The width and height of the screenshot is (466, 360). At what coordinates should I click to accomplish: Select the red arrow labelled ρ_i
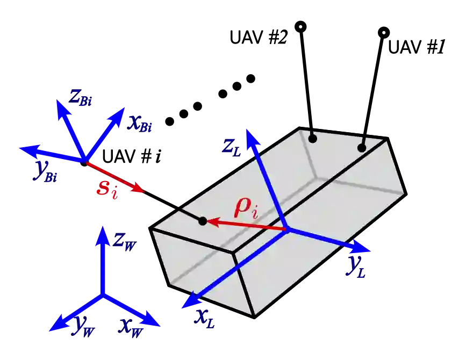[x=247, y=225]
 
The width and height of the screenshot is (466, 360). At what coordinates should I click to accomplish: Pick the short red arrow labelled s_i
[x=116, y=176]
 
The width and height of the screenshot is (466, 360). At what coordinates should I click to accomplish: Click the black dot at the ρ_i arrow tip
[x=203, y=220]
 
